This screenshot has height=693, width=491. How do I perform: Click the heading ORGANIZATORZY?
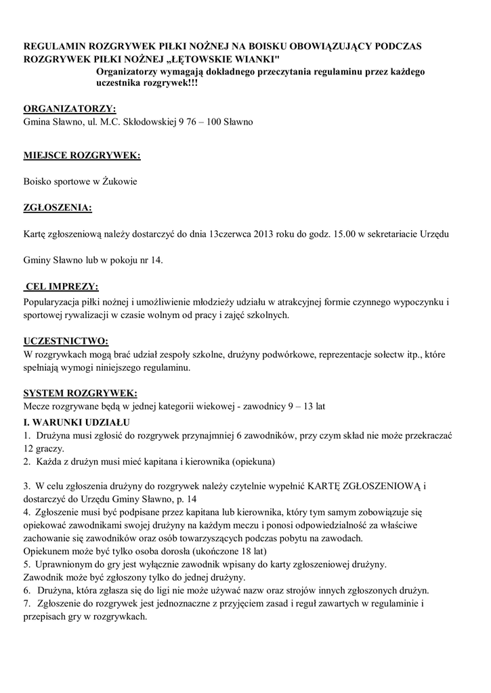70,110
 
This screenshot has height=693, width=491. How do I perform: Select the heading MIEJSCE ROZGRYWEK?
82,156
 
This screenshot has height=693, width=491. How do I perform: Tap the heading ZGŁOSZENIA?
58,207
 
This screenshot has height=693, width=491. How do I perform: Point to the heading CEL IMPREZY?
62,286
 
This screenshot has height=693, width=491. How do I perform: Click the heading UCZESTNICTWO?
66,340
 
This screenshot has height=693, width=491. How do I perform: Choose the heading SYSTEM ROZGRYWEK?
80,393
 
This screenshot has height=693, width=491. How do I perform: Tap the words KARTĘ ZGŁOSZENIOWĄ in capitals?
366,486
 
